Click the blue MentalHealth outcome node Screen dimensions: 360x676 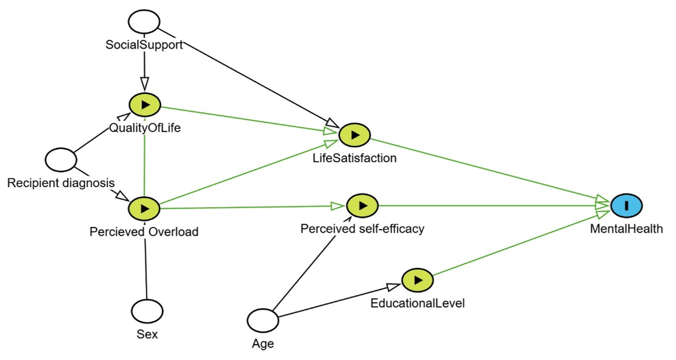click(x=626, y=205)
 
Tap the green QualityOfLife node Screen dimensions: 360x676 click(x=145, y=105)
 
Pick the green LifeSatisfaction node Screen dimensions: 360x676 click(x=355, y=135)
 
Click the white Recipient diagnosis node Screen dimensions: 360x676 click(x=61, y=160)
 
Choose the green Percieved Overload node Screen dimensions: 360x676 click(x=145, y=209)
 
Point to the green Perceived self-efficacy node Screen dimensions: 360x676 click(x=362, y=205)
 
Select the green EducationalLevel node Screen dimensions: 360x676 click(x=418, y=280)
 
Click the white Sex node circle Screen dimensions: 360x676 click(x=147, y=311)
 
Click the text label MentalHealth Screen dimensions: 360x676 click(x=626, y=229)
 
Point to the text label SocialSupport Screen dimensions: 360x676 click(x=144, y=45)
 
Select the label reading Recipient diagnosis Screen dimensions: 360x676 click(x=61, y=183)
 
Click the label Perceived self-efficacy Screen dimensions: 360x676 click(x=362, y=229)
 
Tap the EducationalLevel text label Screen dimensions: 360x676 click(x=418, y=303)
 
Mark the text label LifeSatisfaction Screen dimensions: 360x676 click(x=355, y=158)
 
